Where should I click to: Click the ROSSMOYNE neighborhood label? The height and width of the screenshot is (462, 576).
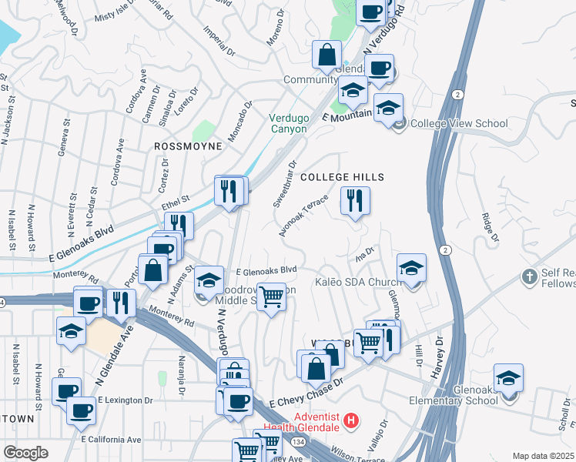click(x=189, y=146)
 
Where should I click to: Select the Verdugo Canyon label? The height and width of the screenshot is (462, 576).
click(x=287, y=123)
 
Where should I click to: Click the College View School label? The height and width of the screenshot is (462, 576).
click(x=459, y=123)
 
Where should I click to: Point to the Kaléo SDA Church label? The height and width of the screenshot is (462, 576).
click(x=356, y=283)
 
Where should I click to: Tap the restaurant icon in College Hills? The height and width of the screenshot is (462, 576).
click(x=355, y=202)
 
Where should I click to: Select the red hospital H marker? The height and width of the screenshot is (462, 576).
click(x=350, y=421)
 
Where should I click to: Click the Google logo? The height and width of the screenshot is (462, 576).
click(x=25, y=453)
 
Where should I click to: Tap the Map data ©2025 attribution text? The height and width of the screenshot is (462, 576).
click(x=542, y=456)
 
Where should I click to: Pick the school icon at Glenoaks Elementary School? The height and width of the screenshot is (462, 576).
click(x=508, y=379)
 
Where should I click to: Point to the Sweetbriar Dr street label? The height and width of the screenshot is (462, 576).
click(x=285, y=184)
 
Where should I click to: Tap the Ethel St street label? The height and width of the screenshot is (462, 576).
click(x=176, y=203)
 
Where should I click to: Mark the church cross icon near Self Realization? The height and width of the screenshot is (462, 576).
click(x=528, y=276)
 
